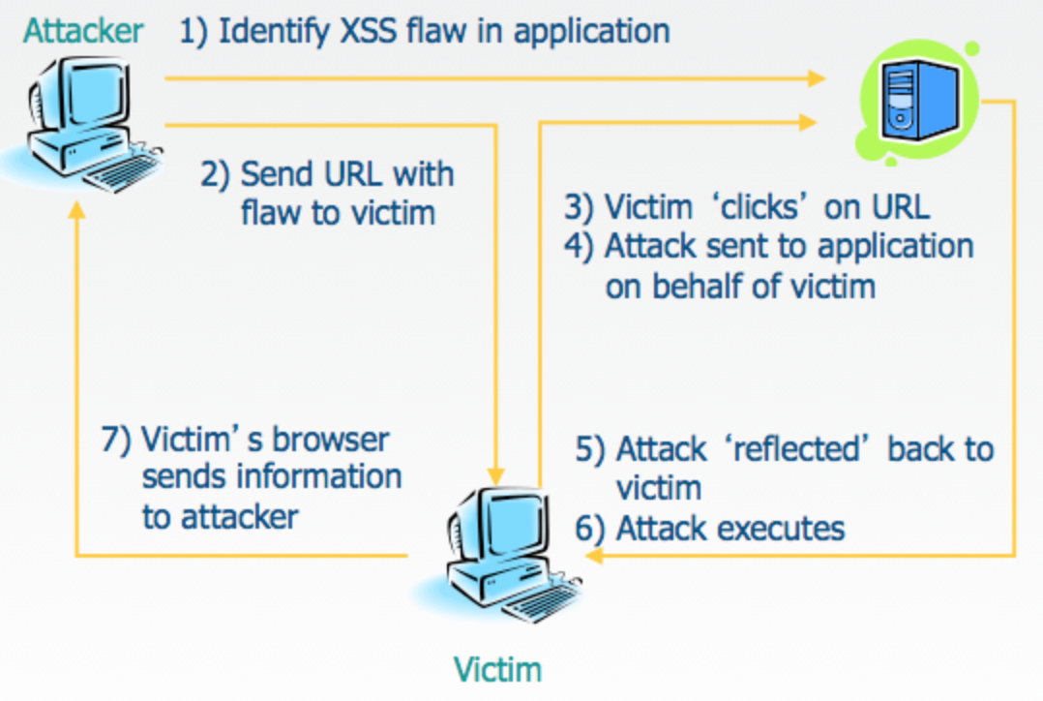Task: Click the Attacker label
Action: click(83, 30)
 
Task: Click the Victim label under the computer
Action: click(497, 669)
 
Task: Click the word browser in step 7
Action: click(330, 439)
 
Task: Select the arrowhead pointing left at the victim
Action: click(594, 555)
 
